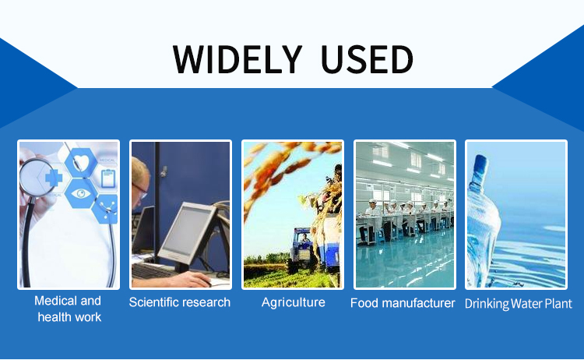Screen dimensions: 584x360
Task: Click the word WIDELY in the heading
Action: (237, 59)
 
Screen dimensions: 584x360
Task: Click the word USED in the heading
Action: (367, 59)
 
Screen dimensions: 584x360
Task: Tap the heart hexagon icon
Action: (81, 163)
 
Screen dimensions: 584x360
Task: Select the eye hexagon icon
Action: (81, 193)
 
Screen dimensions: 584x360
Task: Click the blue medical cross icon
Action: (53, 178)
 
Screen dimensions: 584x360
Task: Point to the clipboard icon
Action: (108, 178)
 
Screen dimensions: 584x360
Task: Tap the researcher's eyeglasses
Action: (139, 190)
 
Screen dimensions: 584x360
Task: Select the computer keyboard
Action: (153, 271)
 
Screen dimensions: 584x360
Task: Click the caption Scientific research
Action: (180, 302)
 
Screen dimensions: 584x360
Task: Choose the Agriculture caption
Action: (293, 302)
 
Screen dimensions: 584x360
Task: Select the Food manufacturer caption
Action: (403, 303)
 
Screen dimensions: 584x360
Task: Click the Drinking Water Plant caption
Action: (518, 304)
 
